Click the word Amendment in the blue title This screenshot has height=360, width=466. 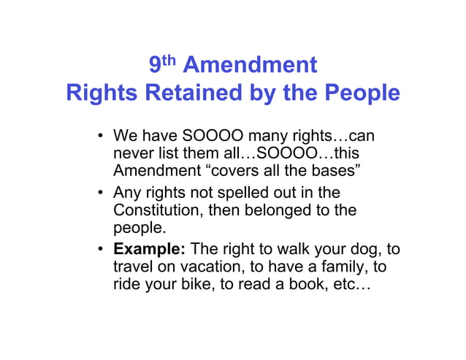pos(250,66)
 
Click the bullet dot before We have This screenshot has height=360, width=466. pos(101,137)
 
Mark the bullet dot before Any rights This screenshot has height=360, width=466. pos(101,194)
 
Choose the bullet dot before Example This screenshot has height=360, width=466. pos(101,250)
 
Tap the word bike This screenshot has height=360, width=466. pos(193,286)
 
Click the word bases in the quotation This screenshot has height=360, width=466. pos(329,172)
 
